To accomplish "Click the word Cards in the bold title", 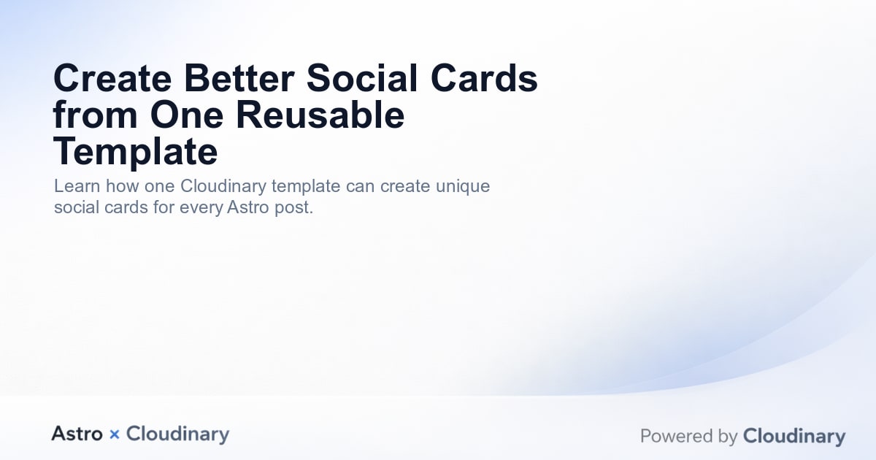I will pos(485,79).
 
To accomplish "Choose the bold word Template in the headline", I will pos(136,152).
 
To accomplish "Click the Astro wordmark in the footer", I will pos(77,434).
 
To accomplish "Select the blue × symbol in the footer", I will pos(114,434).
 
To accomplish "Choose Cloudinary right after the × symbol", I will pos(177,434).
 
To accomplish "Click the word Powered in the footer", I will pos(673,437).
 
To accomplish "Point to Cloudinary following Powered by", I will pos(794,437).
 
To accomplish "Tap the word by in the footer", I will pos(728,437).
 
